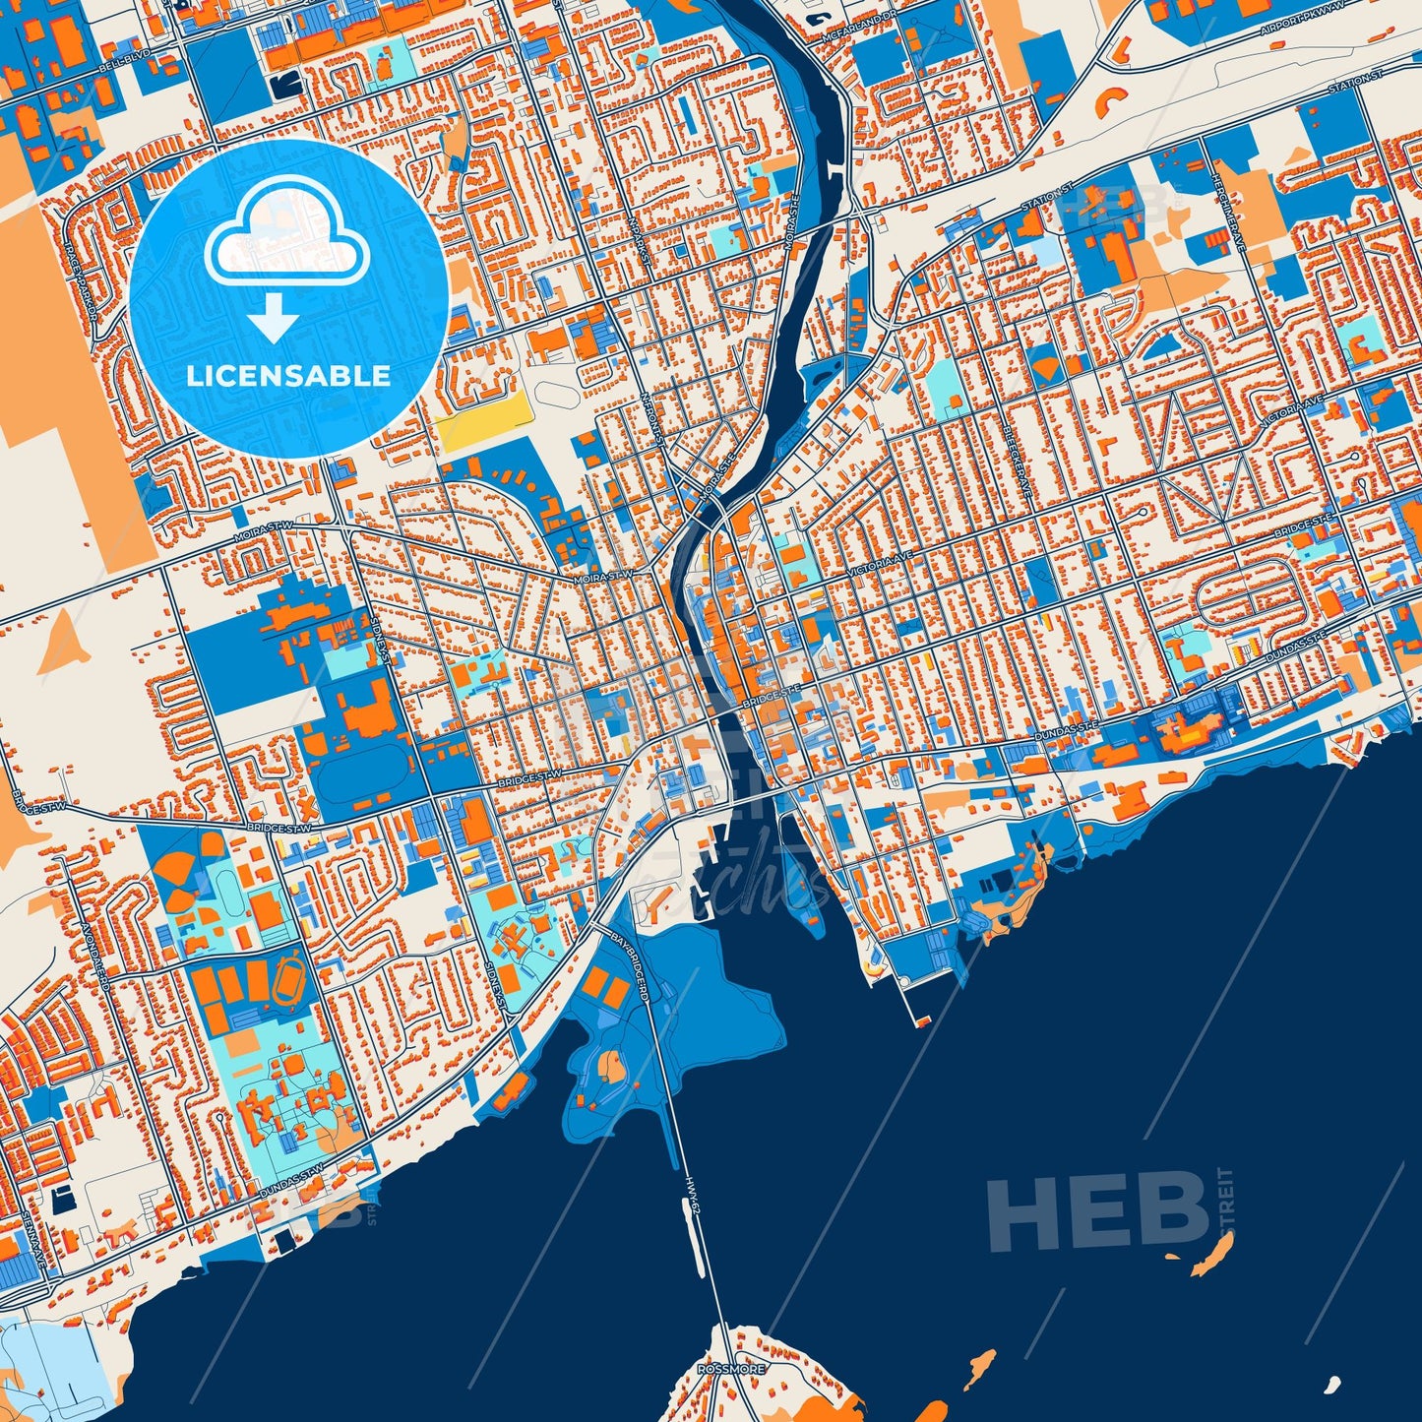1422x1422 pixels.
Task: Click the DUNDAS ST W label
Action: pyautogui.click(x=291, y=1181)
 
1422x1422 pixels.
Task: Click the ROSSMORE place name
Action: pyautogui.click(x=730, y=1369)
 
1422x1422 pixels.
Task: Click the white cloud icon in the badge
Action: pyautogui.click(x=286, y=233)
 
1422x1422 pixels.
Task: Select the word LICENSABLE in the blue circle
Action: pyautogui.click(x=288, y=375)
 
